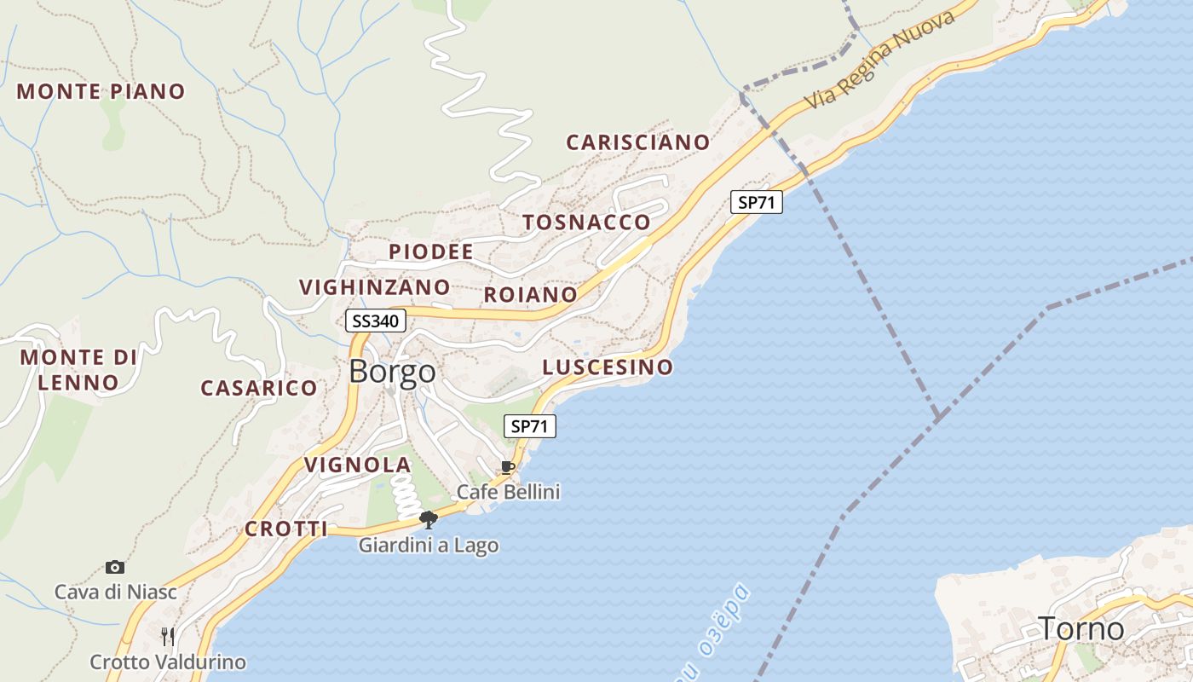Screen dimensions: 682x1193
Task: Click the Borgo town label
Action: [x=392, y=372]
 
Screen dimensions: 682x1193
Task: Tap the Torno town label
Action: [x=1081, y=629]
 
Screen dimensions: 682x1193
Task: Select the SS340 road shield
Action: [x=376, y=321]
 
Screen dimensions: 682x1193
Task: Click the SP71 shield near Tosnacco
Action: [x=756, y=202]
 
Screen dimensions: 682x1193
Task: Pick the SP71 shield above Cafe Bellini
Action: [x=530, y=426]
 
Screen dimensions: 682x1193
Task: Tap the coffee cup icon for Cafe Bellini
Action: [x=508, y=467]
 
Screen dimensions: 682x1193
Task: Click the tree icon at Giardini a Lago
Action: [x=429, y=519]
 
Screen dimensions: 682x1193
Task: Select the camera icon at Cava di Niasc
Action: [x=115, y=567]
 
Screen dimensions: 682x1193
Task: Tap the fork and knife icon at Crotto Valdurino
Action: [x=168, y=636]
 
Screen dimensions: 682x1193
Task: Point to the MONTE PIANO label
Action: [x=101, y=91]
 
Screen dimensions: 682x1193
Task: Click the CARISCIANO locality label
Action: [x=637, y=142]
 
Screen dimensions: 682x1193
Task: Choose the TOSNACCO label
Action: [x=586, y=223]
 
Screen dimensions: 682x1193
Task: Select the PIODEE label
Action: [x=430, y=251]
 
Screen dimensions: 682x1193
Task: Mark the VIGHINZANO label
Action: [x=374, y=287]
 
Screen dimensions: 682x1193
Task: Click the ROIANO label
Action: [x=530, y=295]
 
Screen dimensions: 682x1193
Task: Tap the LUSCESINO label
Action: [x=608, y=367]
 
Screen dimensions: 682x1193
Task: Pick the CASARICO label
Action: [x=259, y=388]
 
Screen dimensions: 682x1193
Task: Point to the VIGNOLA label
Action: [x=358, y=465]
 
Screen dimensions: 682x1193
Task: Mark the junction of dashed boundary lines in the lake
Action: [x=938, y=416]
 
